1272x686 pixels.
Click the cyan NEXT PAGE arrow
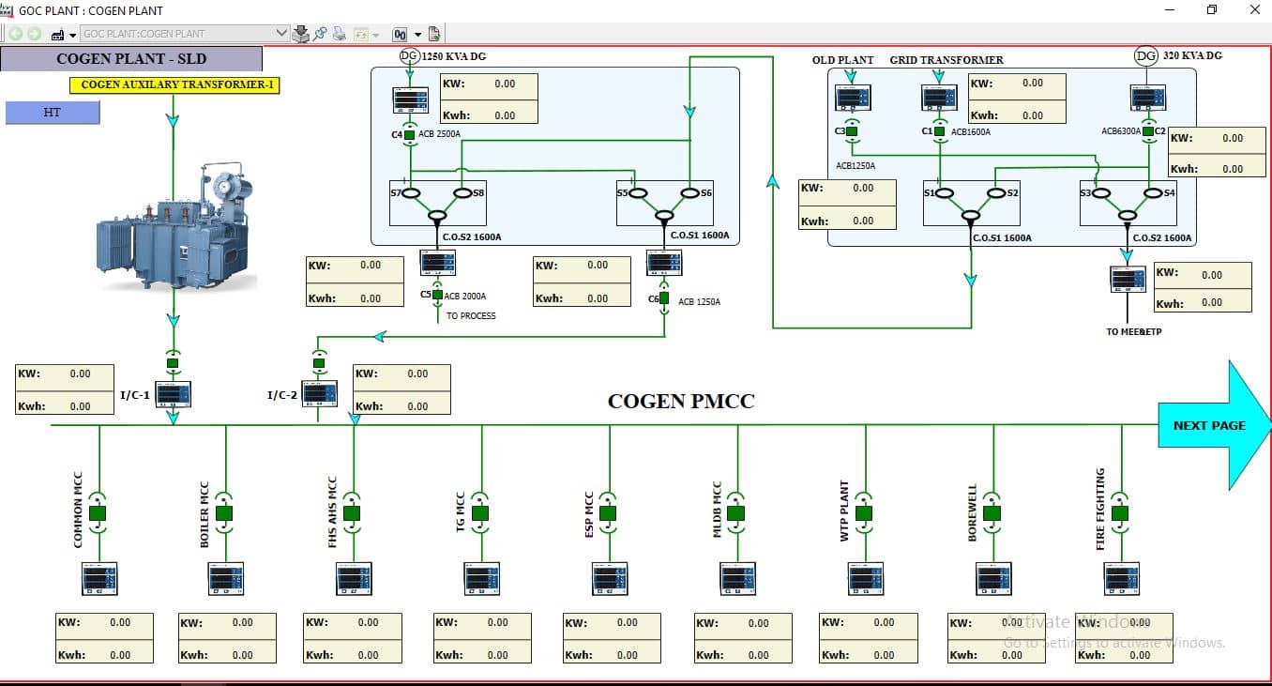[x=1210, y=425]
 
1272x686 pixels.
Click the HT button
[x=53, y=113]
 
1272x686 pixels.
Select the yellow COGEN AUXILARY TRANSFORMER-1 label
[x=174, y=84]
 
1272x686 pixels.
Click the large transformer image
[x=176, y=230]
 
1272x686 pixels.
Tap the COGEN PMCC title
[x=681, y=402]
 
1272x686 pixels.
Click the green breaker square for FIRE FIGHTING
[x=1120, y=513]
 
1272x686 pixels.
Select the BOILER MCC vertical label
[x=204, y=514]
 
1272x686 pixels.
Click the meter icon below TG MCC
[x=481, y=578]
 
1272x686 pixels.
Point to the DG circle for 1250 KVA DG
[x=409, y=56]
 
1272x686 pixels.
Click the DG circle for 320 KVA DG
[x=1146, y=56]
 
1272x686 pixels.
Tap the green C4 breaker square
[x=410, y=135]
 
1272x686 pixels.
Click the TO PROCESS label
[x=471, y=316]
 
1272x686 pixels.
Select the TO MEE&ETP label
[x=1134, y=331]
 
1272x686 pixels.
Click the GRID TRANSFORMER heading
[x=946, y=60]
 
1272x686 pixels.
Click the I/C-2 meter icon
[x=320, y=393]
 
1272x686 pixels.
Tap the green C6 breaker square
[x=664, y=298]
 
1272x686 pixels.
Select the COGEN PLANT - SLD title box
[x=131, y=58]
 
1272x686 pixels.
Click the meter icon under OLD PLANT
[x=853, y=98]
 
